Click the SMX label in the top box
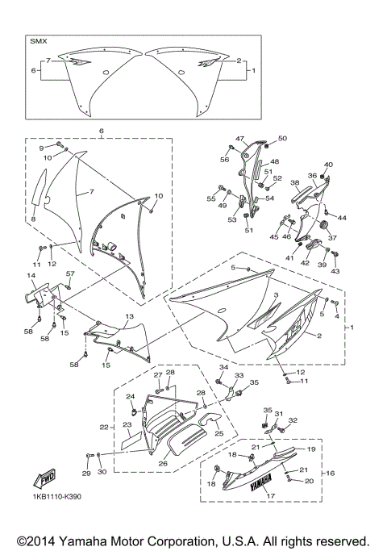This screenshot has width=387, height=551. click(39, 40)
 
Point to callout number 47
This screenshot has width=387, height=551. click(239, 139)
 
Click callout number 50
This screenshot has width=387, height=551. click(282, 139)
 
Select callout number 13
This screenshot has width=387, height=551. click(129, 317)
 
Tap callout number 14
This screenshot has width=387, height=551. click(32, 276)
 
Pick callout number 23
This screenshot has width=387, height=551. click(127, 424)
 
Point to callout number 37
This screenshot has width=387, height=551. click(331, 238)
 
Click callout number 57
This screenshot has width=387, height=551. click(70, 274)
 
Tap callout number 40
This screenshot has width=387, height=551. click(328, 165)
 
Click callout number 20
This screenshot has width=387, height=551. click(308, 481)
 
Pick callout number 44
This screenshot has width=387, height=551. click(342, 219)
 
